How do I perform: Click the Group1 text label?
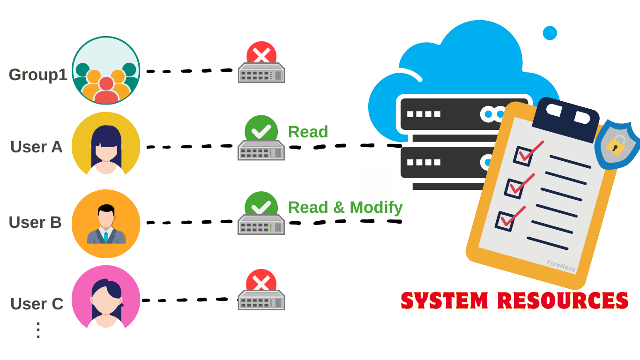(x=38, y=75)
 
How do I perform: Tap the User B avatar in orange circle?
(x=106, y=223)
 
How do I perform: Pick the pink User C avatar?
(x=106, y=300)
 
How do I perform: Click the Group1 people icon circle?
(x=106, y=70)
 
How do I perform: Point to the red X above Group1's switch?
(x=261, y=53)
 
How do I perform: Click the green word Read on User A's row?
(x=308, y=132)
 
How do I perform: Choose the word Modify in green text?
(x=376, y=207)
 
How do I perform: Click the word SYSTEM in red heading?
(x=445, y=300)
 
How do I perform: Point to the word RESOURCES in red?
(x=562, y=300)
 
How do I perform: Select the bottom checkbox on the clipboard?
(x=506, y=221)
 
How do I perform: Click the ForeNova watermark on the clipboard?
(x=560, y=266)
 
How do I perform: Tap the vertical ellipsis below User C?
(x=38, y=330)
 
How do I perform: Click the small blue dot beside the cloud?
(x=550, y=33)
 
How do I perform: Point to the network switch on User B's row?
(x=261, y=225)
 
